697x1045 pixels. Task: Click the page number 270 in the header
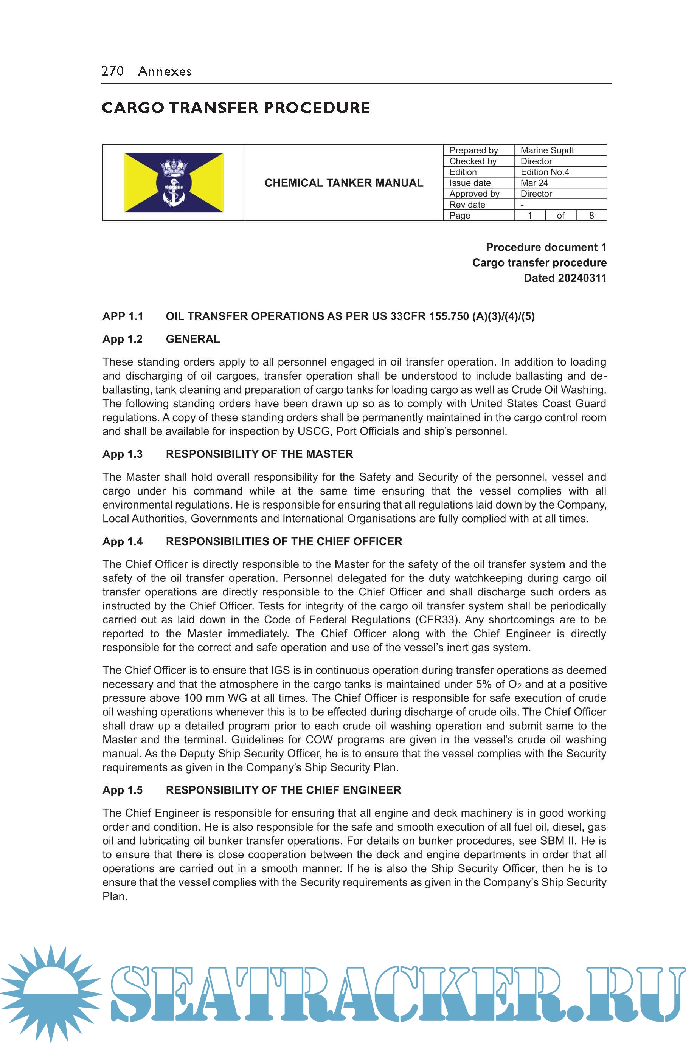(112, 71)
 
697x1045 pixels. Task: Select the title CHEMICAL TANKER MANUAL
(344, 183)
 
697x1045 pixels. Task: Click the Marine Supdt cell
(547, 150)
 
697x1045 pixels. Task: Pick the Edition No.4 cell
(545, 172)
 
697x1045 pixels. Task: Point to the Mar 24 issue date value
(534, 183)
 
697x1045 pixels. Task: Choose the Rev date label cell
(467, 205)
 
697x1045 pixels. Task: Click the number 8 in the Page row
(591, 216)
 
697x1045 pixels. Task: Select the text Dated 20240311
(565, 278)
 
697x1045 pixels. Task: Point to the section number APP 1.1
(123, 316)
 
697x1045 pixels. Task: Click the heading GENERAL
(193, 339)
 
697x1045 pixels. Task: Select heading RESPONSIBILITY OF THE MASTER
(259, 454)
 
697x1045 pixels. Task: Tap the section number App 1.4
(122, 541)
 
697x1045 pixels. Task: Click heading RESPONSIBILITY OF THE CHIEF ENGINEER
(283, 790)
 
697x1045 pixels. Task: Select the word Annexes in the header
(165, 71)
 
